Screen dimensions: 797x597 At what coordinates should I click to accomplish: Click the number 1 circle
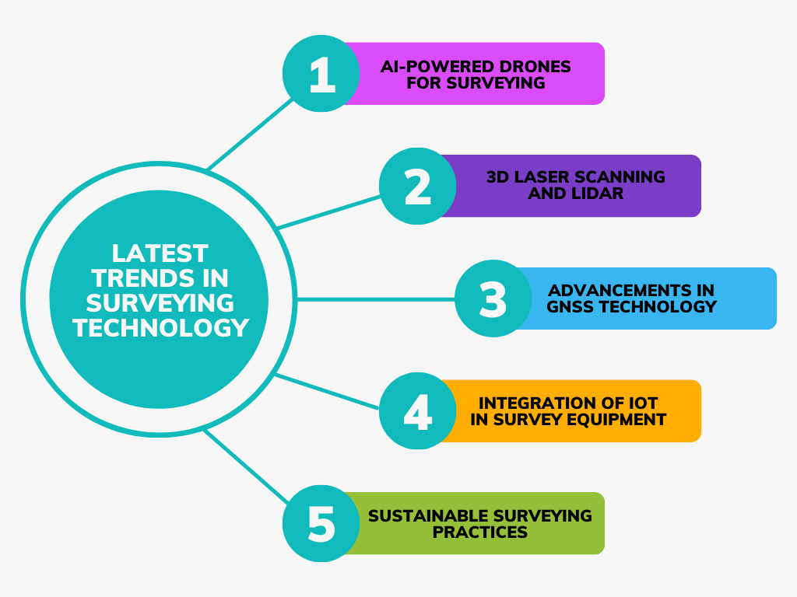tap(321, 74)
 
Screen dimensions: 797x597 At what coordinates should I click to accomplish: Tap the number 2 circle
tap(418, 186)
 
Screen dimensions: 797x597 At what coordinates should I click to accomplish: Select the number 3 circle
tap(493, 298)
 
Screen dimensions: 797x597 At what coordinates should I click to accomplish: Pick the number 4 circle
tap(418, 410)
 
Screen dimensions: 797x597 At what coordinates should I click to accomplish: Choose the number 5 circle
tap(321, 523)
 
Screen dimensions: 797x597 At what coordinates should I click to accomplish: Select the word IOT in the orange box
tap(644, 403)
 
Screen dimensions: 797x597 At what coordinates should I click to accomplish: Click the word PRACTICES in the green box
tap(480, 532)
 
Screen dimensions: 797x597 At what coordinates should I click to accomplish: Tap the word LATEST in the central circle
tap(160, 253)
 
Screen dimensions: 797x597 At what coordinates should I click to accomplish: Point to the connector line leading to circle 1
tap(250, 134)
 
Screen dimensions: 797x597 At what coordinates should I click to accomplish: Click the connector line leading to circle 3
tap(376, 299)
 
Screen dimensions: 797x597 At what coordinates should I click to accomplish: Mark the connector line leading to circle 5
tap(247, 467)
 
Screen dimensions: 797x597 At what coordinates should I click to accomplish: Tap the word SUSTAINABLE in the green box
tap(429, 516)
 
